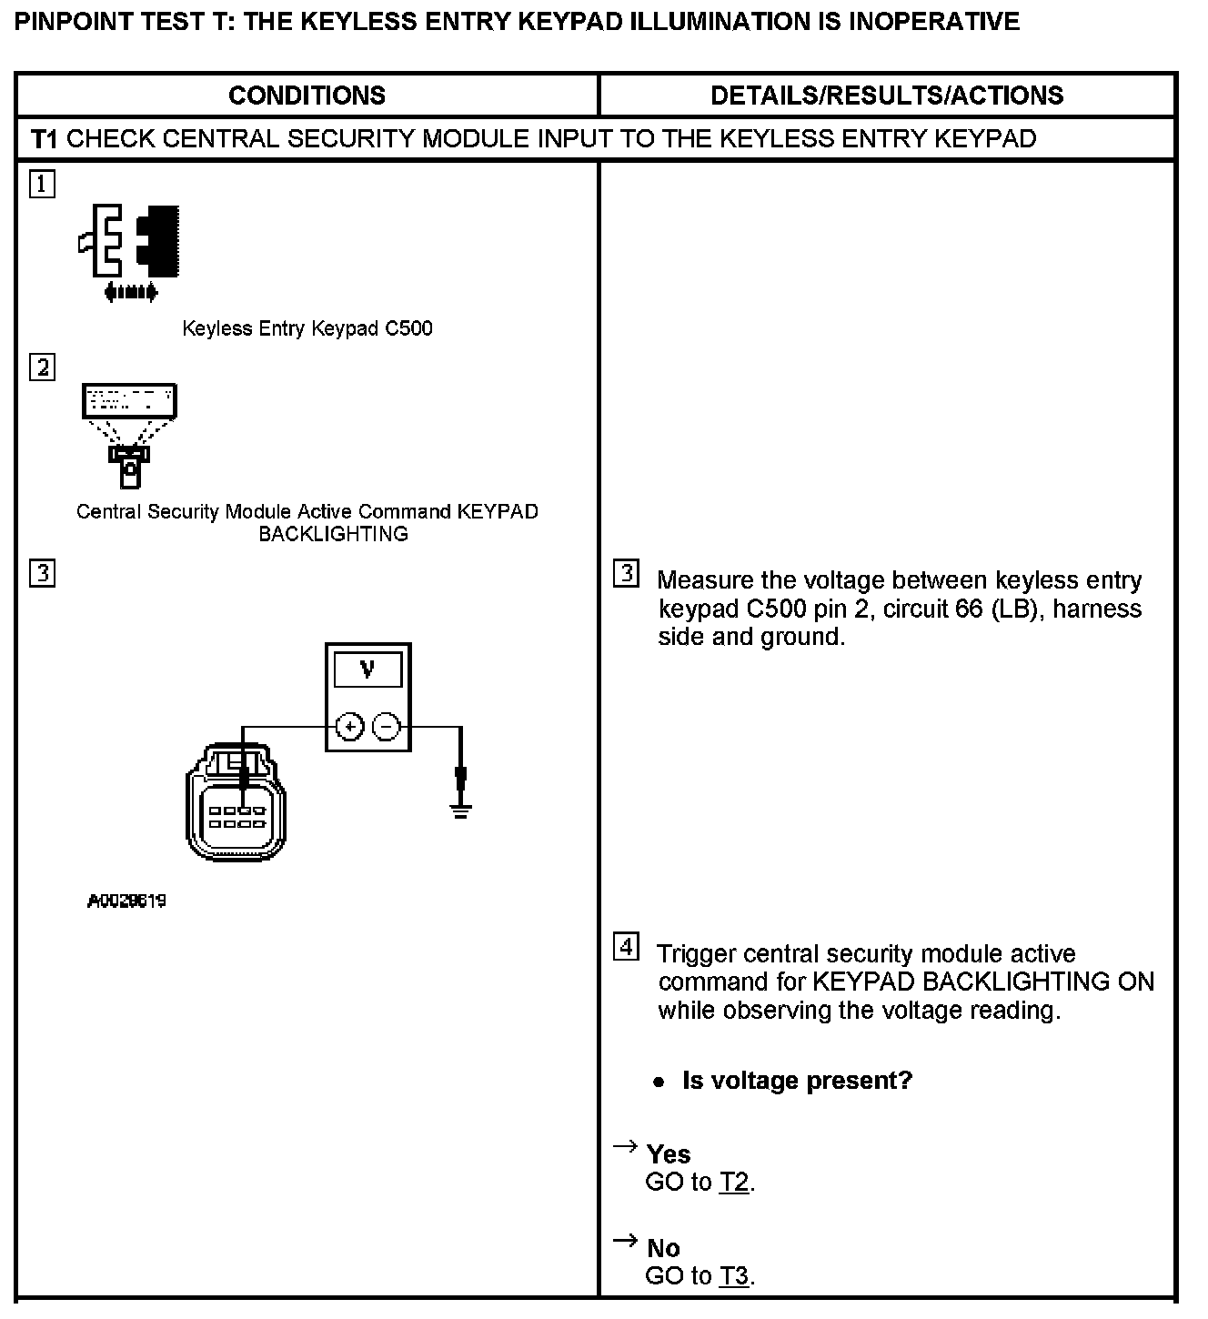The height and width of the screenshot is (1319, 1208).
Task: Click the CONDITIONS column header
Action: (307, 96)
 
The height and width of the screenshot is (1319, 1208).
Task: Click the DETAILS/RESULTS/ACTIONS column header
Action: (886, 96)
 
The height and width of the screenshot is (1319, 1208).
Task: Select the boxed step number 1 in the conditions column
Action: (42, 185)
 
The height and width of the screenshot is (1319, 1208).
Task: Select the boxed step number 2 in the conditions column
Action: (42, 368)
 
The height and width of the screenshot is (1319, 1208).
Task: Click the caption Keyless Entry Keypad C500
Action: (307, 328)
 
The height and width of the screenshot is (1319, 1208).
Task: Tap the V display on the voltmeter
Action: (367, 670)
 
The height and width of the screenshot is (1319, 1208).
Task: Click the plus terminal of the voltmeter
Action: (350, 727)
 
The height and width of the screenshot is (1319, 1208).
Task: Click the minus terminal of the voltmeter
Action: (387, 727)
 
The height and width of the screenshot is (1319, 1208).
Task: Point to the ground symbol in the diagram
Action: (461, 810)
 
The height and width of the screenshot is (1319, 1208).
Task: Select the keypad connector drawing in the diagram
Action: (236, 805)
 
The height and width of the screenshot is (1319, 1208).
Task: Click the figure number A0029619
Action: (126, 901)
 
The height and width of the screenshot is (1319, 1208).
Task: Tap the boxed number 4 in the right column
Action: (626, 947)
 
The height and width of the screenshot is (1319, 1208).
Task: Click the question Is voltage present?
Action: (796, 1081)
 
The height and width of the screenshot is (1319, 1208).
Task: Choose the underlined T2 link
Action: (734, 1183)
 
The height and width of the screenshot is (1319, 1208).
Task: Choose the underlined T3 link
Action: (734, 1276)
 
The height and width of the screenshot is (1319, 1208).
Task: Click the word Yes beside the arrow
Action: (669, 1154)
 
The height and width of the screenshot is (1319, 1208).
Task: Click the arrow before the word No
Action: (625, 1241)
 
